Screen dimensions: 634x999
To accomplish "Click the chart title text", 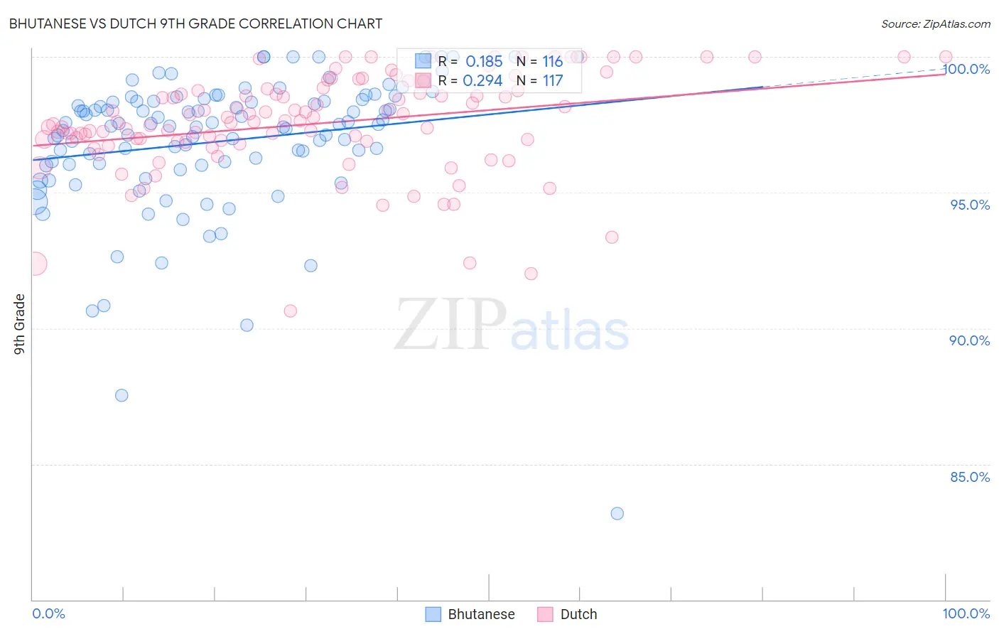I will click(195, 23).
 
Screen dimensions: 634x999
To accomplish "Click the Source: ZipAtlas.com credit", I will click(935, 23).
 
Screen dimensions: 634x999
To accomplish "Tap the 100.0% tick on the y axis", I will click(966, 69).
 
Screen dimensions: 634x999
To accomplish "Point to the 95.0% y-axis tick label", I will click(970, 205).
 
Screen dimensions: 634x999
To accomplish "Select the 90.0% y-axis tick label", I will click(969, 340).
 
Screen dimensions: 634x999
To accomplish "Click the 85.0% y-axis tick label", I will click(969, 477).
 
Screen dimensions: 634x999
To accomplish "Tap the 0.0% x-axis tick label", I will click(48, 613).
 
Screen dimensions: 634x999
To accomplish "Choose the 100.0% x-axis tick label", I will click(966, 613).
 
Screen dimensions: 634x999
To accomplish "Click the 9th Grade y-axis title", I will click(19, 324).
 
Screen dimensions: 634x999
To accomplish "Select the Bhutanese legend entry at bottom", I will click(470, 614).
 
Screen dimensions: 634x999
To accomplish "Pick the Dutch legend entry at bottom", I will click(567, 614).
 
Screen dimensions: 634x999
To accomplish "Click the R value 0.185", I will click(483, 62).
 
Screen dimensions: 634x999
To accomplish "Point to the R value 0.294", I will click(482, 81).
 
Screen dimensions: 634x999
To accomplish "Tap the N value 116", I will click(552, 62).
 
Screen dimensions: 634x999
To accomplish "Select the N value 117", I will click(552, 81).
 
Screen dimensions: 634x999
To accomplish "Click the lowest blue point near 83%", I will click(617, 513).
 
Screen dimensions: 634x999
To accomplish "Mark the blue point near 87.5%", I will click(121, 395).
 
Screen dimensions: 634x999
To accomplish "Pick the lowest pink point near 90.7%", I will click(290, 311).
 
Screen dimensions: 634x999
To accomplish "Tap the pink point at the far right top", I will click(946, 57).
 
